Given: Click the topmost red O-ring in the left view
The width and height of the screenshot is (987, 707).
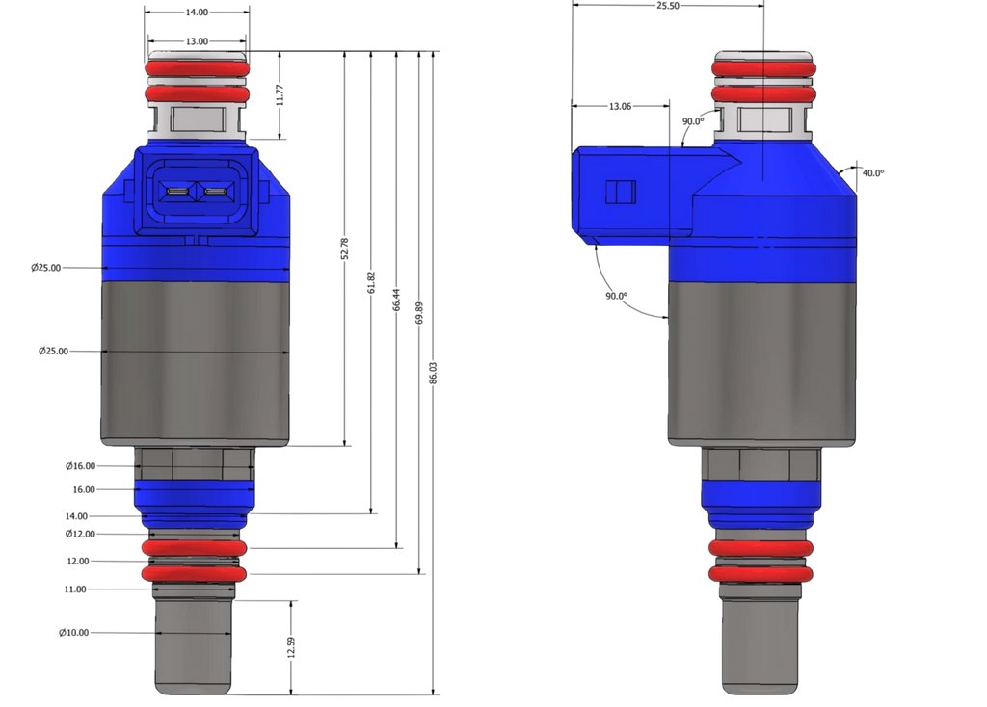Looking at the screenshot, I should pyautogui.click(x=198, y=69).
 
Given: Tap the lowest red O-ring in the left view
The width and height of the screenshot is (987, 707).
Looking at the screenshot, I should pyautogui.click(x=194, y=573).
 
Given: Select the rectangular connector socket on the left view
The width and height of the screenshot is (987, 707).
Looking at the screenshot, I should pyautogui.click(x=196, y=194).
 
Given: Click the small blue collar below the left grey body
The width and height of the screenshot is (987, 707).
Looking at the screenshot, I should pyautogui.click(x=195, y=497).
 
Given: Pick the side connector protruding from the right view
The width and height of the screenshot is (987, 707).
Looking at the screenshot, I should pyautogui.click(x=631, y=192).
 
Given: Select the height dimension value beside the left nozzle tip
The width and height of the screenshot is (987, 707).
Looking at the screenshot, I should pyautogui.click(x=290, y=645).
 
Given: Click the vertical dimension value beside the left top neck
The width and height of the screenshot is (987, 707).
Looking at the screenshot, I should pyautogui.click(x=280, y=94).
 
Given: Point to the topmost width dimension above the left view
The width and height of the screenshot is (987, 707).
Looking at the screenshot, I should pyautogui.click(x=198, y=13).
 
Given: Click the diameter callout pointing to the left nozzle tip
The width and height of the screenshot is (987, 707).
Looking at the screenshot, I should pyautogui.click(x=74, y=632).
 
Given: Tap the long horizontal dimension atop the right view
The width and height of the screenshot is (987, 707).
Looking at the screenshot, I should pyautogui.click(x=667, y=6).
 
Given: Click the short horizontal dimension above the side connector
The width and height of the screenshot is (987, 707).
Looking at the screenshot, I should pyautogui.click(x=619, y=105).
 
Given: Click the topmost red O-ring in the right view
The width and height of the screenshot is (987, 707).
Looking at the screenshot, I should pyautogui.click(x=763, y=67).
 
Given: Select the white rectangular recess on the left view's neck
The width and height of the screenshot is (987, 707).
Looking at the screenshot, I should pyautogui.click(x=196, y=120).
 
